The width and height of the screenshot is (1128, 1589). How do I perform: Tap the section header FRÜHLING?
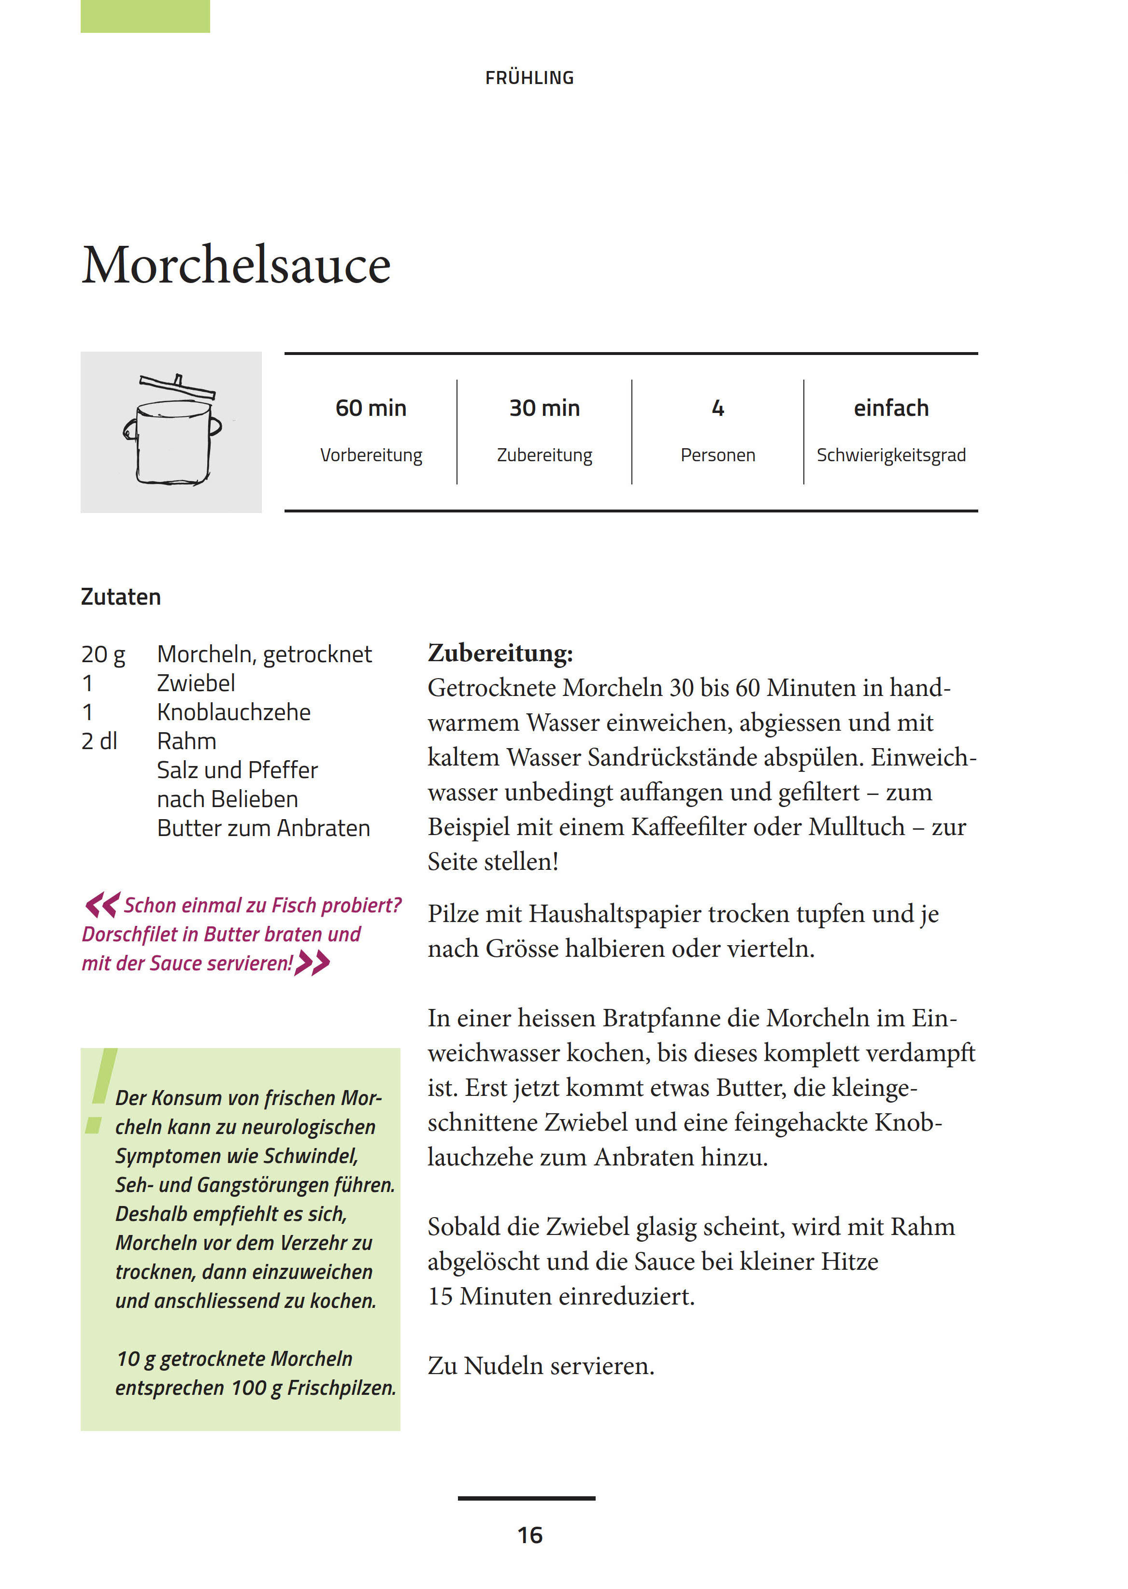pyautogui.click(x=529, y=78)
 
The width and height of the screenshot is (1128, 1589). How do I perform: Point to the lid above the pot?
pyautogui.click(x=177, y=386)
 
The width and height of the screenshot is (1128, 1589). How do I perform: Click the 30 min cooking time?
pyautogui.click(x=544, y=409)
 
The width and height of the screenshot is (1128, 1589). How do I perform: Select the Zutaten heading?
pyautogui.click(x=121, y=597)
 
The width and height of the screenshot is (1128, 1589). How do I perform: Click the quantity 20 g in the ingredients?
pyautogui.click(x=103, y=654)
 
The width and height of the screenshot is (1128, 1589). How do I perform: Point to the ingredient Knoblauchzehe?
pyautogui.click(x=233, y=712)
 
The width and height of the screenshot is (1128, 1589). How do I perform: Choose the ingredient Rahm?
pyautogui.click(x=186, y=742)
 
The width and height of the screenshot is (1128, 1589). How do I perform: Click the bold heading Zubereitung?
pyautogui.click(x=500, y=653)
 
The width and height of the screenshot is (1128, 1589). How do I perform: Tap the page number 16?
pyautogui.click(x=529, y=1535)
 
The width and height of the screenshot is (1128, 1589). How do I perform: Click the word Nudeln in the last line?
pyautogui.click(x=504, y=1365)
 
